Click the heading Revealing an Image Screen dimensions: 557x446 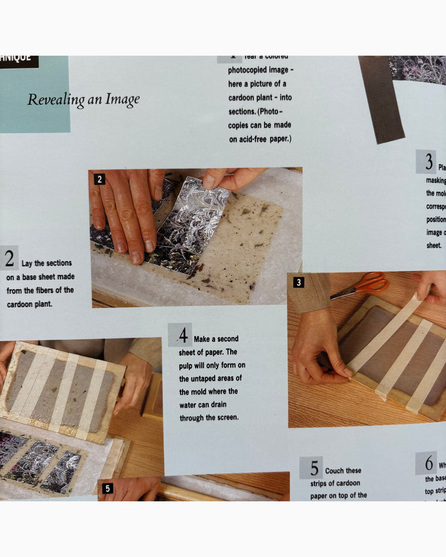pyautogui.click(x=83, y=99)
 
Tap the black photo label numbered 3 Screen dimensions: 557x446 pyautogui.click(x=298, y=282)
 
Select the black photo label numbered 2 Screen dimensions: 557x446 pyautogui.click(x=100, y=179)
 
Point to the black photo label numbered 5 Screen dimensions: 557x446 pyautogui.click(x=107, y=488)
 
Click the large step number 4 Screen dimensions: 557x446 pyautogui.click(x=183, y=336)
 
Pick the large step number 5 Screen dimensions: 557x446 pyautogui.click(x=314, y=468)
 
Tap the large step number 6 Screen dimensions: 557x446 pyautogui.click(x=429, y=463)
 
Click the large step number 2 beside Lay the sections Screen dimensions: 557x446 pyautogui.click(x=9, y=259)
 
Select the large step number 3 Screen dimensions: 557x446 pyautogui.click(x=428, y=163)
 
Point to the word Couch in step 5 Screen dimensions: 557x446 pyautogui.click(x=335, y=470)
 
